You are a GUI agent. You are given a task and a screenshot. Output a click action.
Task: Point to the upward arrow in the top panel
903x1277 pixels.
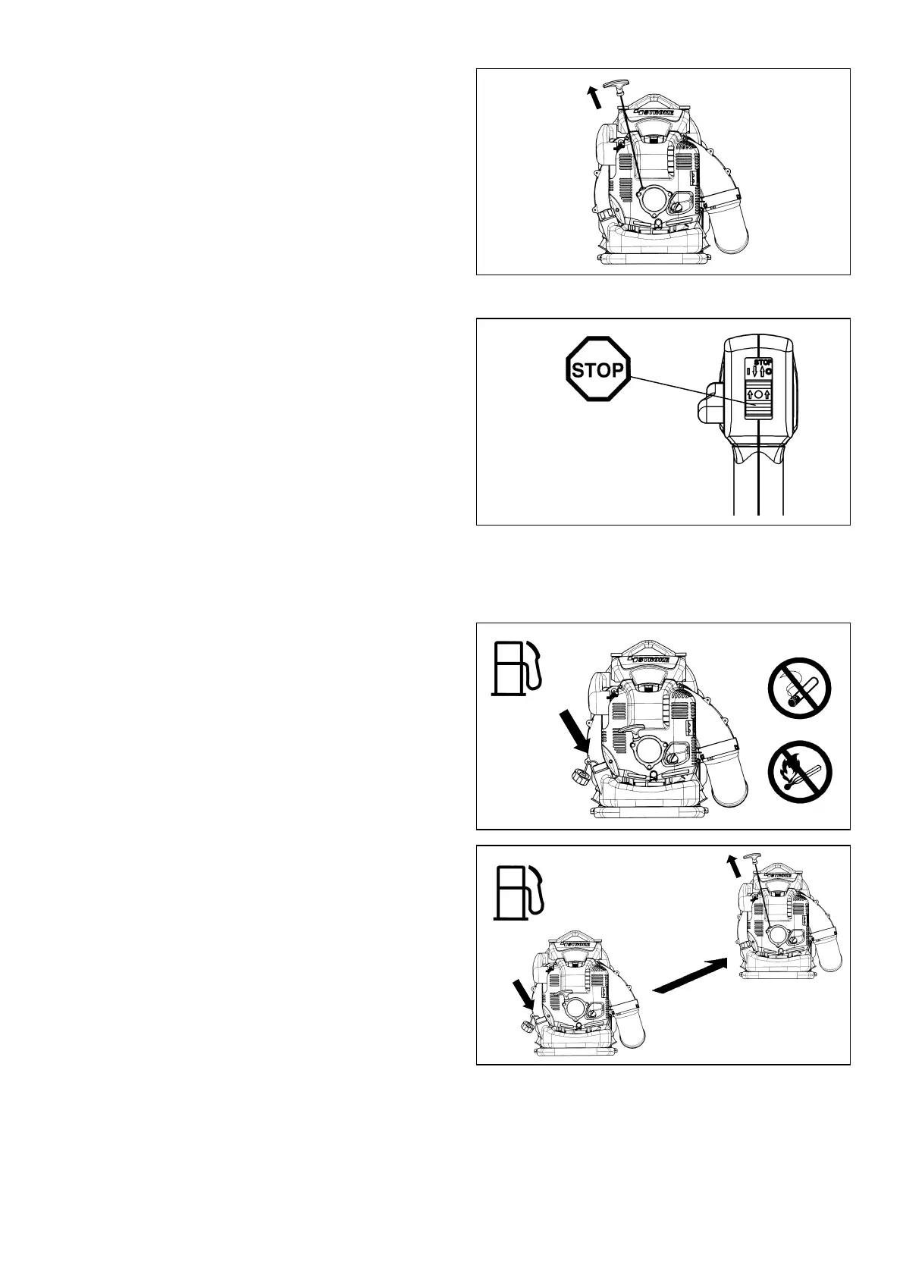coord(595,98)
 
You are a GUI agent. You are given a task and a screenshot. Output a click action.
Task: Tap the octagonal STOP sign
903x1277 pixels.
coord(598,372)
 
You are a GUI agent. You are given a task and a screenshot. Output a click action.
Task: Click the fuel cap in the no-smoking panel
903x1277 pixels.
coord(579,776)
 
